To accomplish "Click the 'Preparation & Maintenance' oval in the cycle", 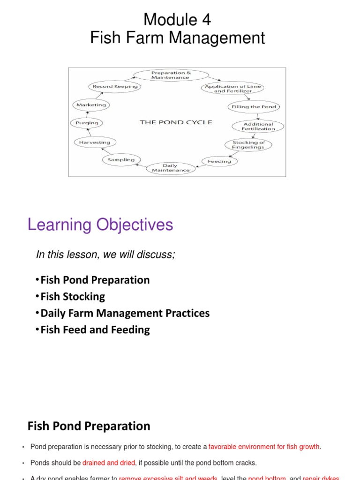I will pos(171,75).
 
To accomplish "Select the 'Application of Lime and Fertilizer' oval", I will pos(232,89).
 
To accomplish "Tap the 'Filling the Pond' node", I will pos(254,107).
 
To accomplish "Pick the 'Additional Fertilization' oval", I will pos(258,127).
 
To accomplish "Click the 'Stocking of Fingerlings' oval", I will pos(248,144).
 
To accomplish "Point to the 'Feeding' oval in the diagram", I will pos(219,161).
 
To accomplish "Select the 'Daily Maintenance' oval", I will pos(170,168).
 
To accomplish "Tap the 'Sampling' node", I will pos(121,160).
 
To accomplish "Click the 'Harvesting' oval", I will pos(95,142).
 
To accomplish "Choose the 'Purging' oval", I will pos(86,123).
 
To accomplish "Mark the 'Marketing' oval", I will pos(91,105).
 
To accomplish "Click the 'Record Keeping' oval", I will pos(115,86).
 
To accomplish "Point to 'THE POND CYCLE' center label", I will pos(176,122).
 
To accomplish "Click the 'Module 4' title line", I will pos(177,20).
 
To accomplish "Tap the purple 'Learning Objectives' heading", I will pos(100,225).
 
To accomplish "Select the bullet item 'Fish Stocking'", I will pos(73,297).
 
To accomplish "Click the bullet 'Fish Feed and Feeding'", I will pos(95,330).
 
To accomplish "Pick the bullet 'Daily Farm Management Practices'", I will pos(125,313).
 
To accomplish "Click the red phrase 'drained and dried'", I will pos(109,463).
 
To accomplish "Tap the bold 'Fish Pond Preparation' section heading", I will pos(89,426).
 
